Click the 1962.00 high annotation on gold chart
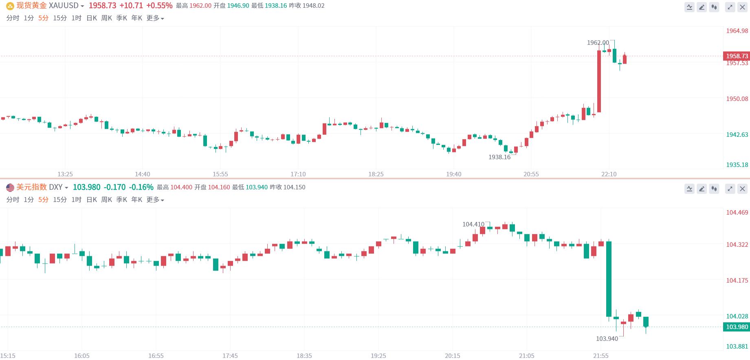(x=598, y=43)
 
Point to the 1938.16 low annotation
(x=499, y=157)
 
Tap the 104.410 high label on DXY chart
(x=473, y=224)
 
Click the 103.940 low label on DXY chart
(x=607, y=339)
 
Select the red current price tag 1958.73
(x=737, y=56)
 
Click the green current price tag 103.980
(x=737, y=327)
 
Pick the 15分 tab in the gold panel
(x=60, y=18)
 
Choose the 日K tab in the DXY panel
(x=92, y=200)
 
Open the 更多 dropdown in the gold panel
(x=155, y=18)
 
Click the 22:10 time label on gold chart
(x=609, y=174)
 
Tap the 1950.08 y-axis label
(x=737, y=99)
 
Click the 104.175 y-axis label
(x=737, y=281)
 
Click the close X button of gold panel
(x=742, y=7)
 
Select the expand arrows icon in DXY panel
(x=730, y=189)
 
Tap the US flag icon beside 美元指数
(x=10, y=187)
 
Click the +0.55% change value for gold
(x=159, y=6)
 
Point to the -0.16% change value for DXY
(x=141, y=187)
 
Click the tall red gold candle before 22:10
(x=599, y=81)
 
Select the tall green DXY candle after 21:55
(x=609, y=279)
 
